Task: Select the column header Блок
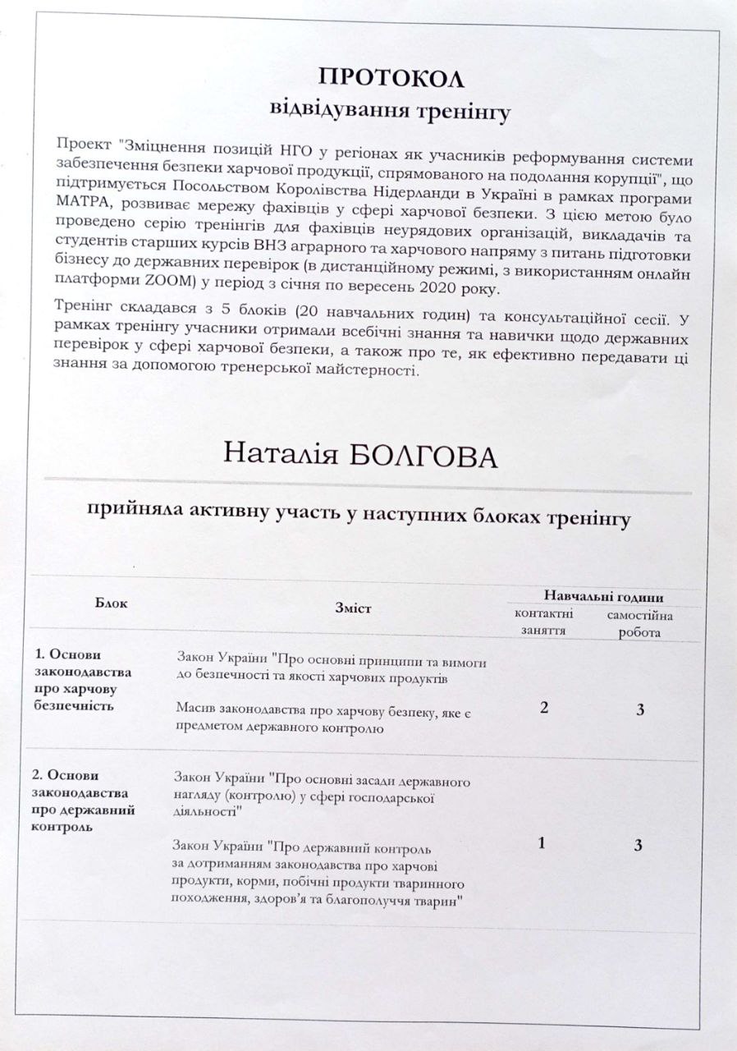[x=112, y=604]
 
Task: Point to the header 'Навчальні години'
[x=603, y=597]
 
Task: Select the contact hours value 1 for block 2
[x=542, y=843]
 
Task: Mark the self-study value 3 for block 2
[x=639, y=845]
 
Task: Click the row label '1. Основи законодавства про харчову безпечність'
[x=82, y=679]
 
